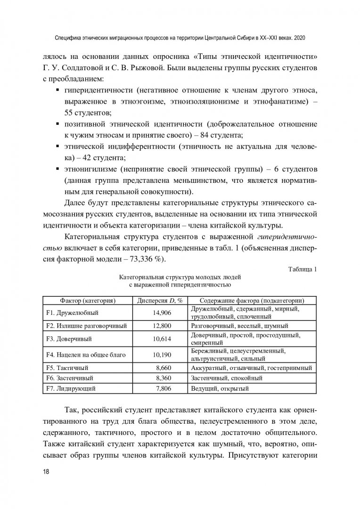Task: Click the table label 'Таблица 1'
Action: tap(302, 269)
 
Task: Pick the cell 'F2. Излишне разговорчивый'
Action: tap(80, 326)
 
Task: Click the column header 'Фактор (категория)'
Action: tap(88, 300)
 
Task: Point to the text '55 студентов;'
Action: tap(88, 113)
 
